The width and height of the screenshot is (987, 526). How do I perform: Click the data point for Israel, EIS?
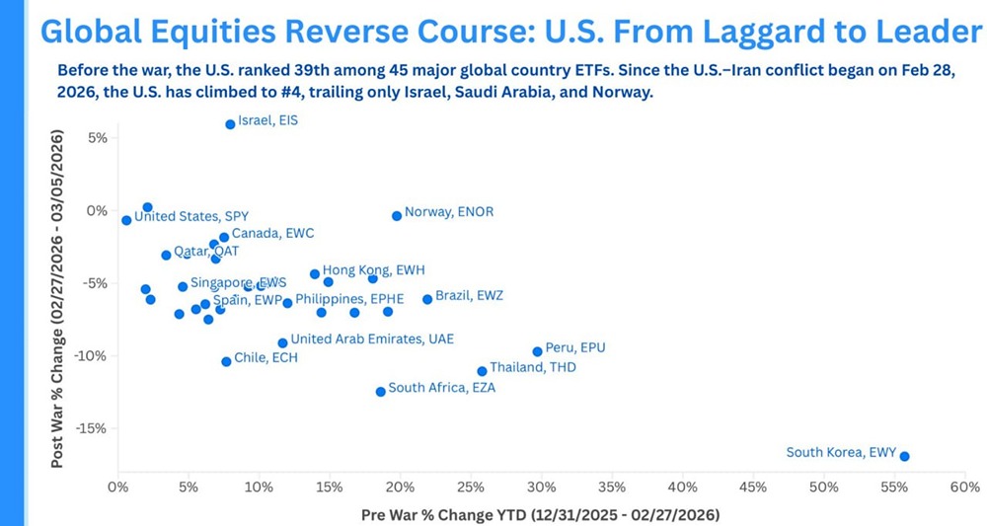coord(230,124)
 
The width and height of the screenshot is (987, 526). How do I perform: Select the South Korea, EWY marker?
coord(904,456)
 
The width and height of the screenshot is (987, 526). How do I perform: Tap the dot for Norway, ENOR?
coord(397,215)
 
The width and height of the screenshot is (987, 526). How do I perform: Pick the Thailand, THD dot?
coord(482,371)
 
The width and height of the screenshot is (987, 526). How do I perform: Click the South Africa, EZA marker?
coord(381,392)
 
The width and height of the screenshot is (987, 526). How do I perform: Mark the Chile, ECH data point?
coord(226,361)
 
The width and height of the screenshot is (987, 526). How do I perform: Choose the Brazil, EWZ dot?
coord(427,299)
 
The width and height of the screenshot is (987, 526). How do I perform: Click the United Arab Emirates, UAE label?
coord(372,338)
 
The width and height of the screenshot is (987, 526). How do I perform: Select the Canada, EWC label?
coord(272,234)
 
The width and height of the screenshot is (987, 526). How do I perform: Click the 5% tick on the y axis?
coord(95,137)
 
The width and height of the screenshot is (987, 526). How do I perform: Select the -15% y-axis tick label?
coord(89,429)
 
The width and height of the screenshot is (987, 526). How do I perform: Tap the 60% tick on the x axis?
coord(964,487)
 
